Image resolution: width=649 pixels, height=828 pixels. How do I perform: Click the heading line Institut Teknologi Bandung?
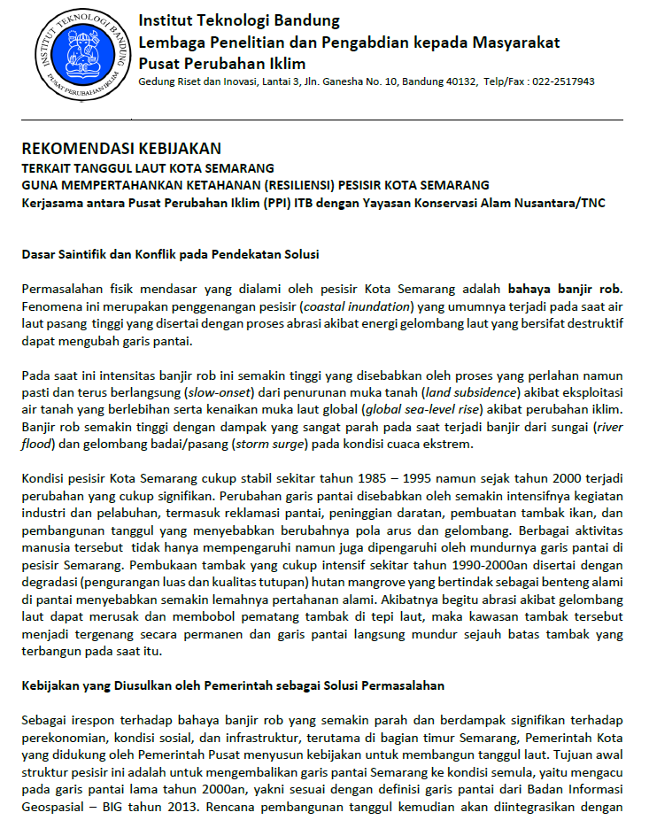239,21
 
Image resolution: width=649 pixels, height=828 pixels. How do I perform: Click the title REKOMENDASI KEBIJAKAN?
121,148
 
